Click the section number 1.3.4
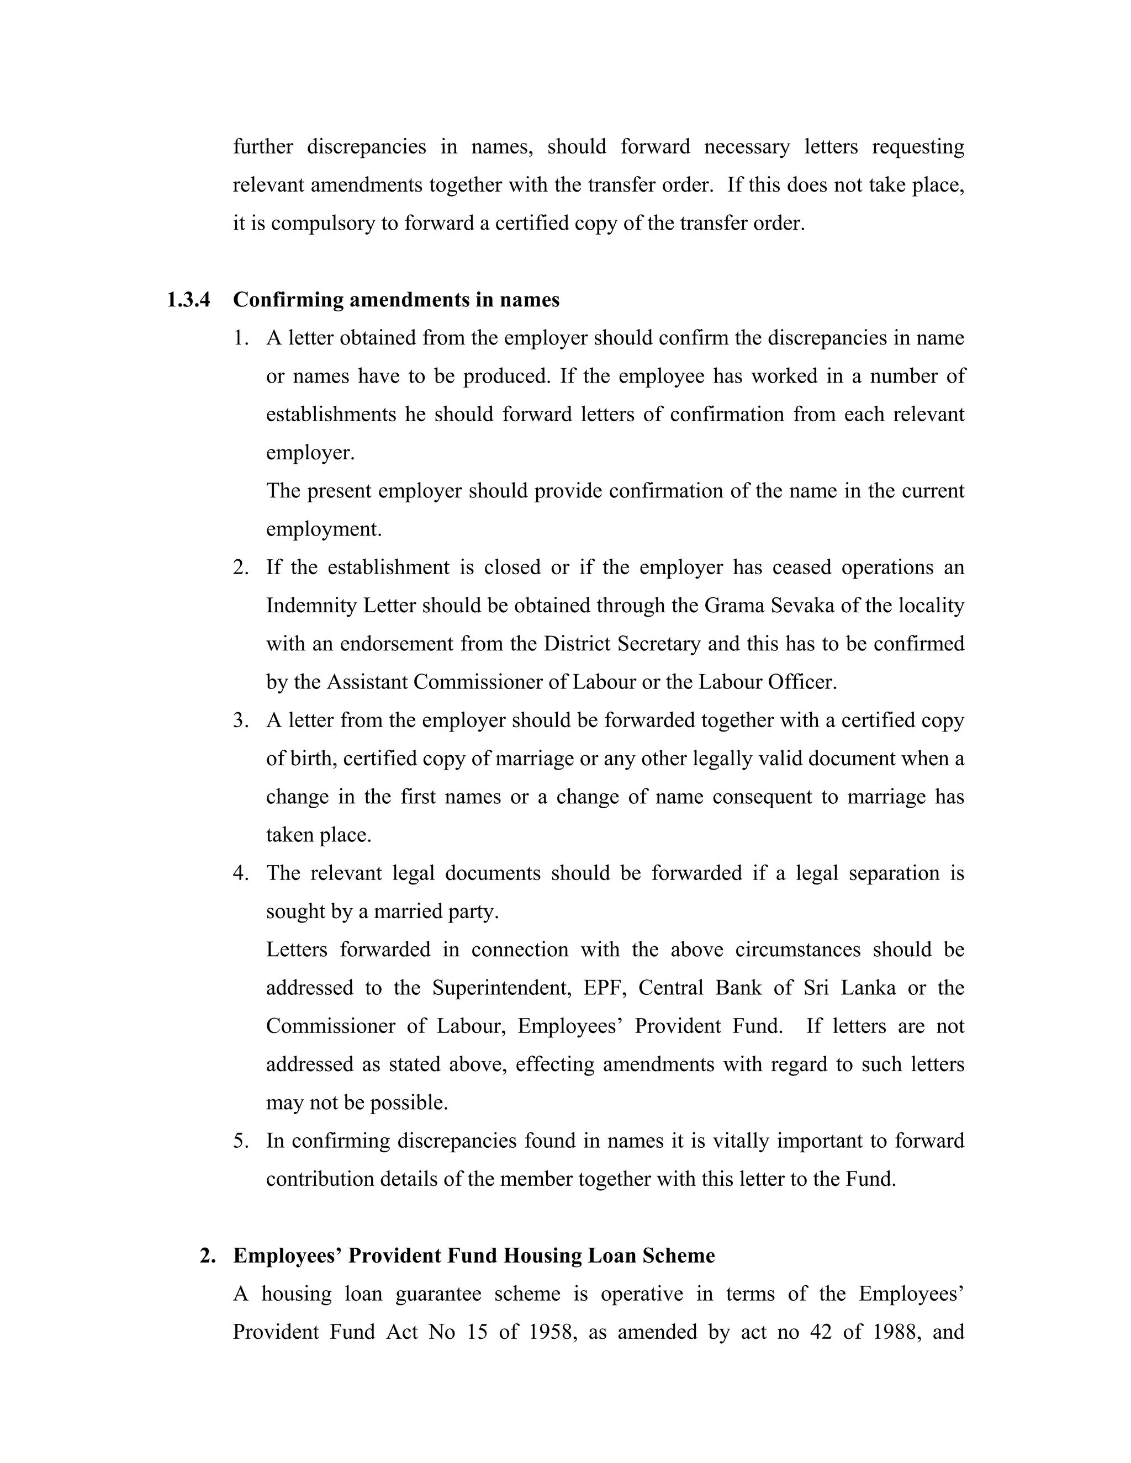(x=188, y=299)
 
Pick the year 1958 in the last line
(x=552, y=1332)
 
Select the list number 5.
(x=241, y=1141)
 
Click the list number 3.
(x=241, y=720)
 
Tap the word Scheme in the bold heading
(x=678, y=1255)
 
